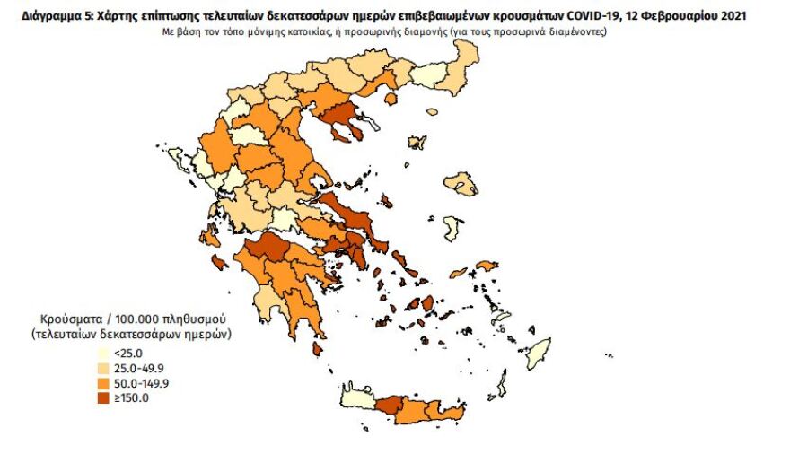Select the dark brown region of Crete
tap(388, 406)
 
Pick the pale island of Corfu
tap(176, 159)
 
